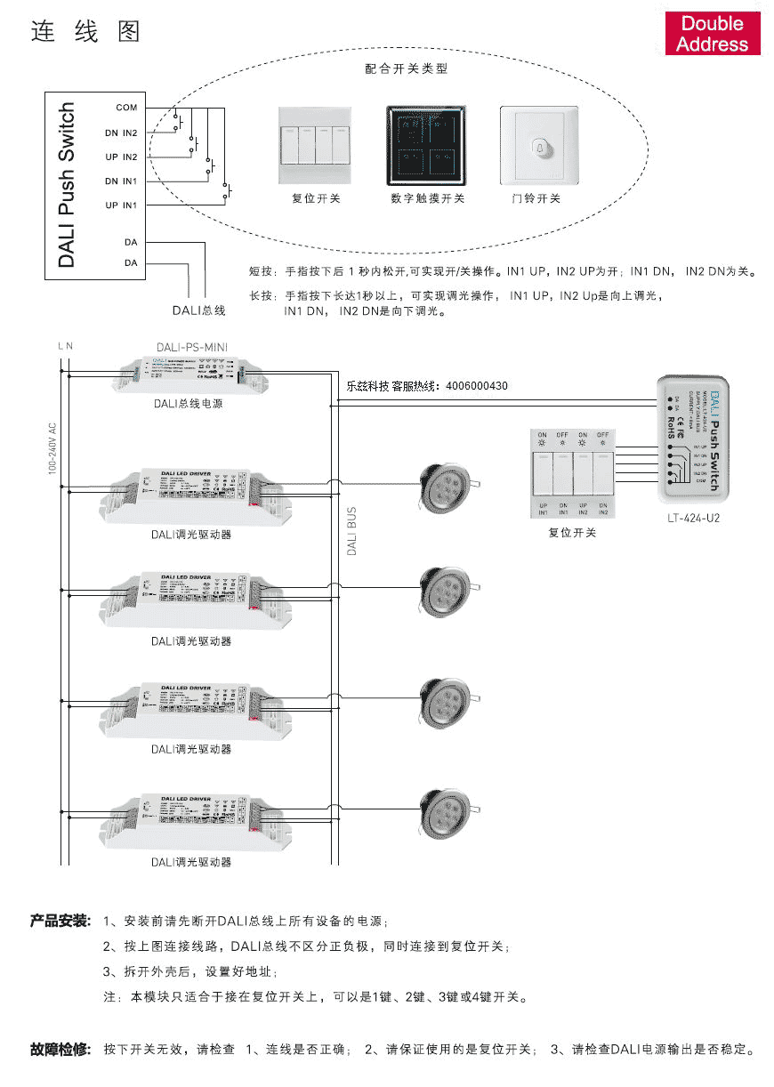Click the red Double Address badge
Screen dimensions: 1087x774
pos(713,34)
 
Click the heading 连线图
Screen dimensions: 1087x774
pos(86,33)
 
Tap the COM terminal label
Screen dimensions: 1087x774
pos(126,108)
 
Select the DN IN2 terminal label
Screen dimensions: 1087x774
pos(121,133)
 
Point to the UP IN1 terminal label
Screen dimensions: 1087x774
pos(121,205)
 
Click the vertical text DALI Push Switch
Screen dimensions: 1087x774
pos(68,185)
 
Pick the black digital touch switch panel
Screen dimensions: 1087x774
pos(427,146)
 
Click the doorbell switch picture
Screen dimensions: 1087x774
pos(538,146)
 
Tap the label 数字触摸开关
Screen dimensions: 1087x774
pos(427,198)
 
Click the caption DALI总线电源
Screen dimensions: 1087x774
pos(187,404)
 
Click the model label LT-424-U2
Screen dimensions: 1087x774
pos(693,518)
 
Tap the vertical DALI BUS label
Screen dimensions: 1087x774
pos(351,532)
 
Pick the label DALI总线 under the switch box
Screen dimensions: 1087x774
pos(199,310)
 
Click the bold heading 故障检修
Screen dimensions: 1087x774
pos(60,1050)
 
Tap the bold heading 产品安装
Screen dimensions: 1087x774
pos(60,920)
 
